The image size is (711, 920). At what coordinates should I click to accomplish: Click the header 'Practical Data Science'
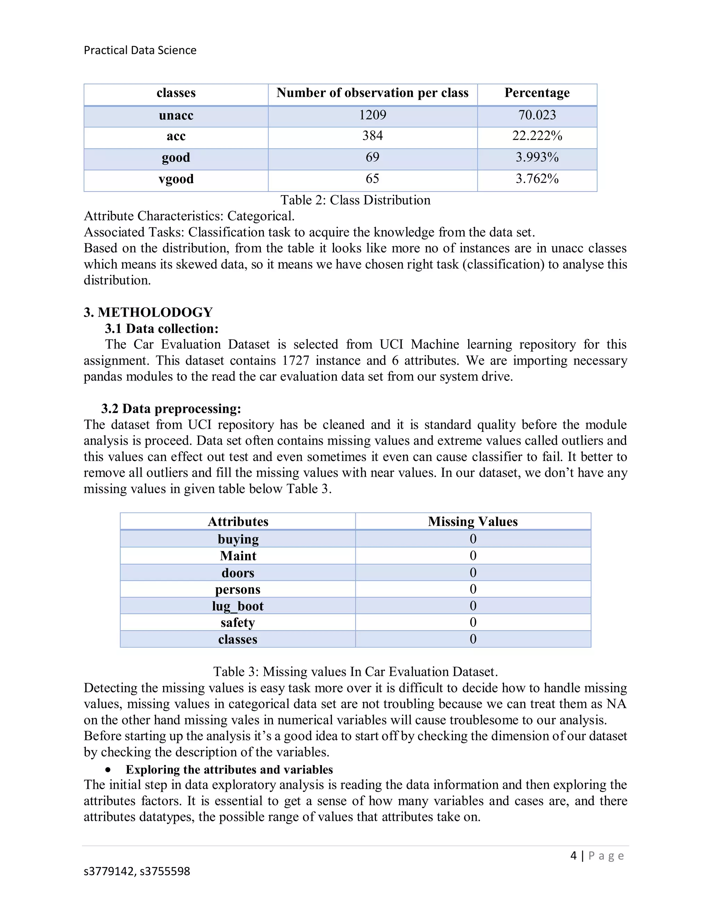(x=140, y=50)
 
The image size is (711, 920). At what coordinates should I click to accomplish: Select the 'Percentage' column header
(x=537, y=93)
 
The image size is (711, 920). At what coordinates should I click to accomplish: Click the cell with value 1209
(x=373, y=115)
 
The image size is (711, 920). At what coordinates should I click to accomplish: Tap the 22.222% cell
(x=537, y=136)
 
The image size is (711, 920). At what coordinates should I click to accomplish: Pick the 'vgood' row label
(x=176, y=179)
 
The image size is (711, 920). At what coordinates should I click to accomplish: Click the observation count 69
(x=373, y=157)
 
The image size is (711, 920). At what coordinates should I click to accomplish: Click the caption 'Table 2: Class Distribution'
(x=355, y=200)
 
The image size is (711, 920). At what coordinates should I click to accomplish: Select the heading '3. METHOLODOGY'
(x=148, y=312)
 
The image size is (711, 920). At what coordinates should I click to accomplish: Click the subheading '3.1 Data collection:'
(x=162, y=328)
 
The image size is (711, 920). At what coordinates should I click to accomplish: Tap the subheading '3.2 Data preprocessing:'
(x=171, y=409)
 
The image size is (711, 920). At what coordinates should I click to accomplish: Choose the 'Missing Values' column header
(x=472, y=521)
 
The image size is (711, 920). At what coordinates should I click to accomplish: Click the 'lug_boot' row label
(x=237, y=606)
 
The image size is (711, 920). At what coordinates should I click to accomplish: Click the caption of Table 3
(x=355, y=671)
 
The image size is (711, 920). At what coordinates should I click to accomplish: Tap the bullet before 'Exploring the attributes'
(x=109, y=770)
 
